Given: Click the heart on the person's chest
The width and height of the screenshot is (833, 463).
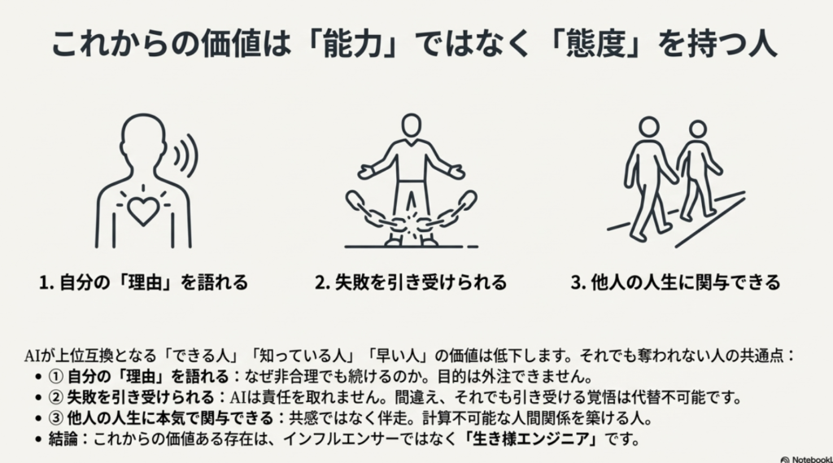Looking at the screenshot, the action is coord(143,211).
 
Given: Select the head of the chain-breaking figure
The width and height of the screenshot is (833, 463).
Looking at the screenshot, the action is coord(411,125).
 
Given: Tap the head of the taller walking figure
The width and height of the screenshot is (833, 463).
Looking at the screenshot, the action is coord(648,128).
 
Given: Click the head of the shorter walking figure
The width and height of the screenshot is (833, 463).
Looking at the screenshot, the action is coord(697,129).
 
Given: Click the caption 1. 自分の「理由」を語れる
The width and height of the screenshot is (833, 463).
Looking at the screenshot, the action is coord(143,282).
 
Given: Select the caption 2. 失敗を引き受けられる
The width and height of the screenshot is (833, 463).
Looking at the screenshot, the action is coord(411,282).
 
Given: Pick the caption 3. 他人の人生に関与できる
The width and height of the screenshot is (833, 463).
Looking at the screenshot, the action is coord(675,282).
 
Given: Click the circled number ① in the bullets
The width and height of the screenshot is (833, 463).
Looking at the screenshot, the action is coord(56,377).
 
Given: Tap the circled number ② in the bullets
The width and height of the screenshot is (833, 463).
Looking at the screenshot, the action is coord(56,398).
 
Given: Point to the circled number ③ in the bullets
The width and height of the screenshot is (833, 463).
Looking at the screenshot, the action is coord(56,418).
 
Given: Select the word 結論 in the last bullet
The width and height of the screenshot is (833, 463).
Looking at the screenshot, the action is coord(63,439).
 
